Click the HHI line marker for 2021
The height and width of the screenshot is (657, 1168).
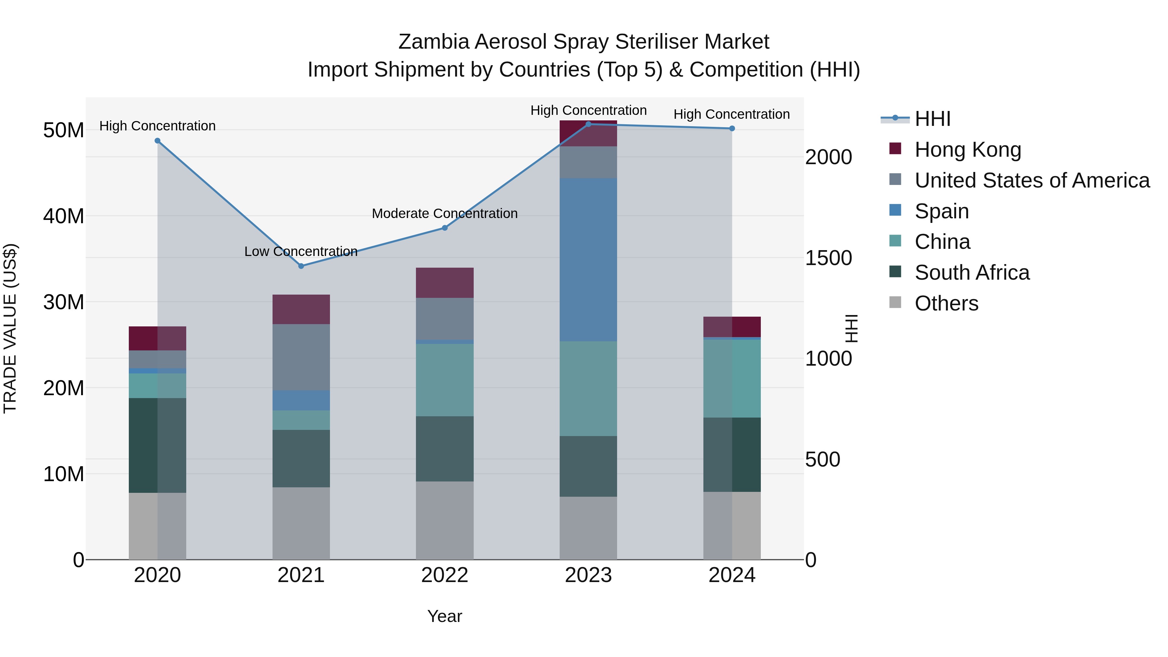(301, 266)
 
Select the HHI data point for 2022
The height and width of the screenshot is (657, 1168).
(445, 228)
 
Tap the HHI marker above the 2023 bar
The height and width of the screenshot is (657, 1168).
(589, 124)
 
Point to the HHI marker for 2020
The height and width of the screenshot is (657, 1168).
(157, 140)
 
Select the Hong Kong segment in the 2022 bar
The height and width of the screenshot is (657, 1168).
(444, 283)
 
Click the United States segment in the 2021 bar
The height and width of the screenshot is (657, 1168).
(301, 357)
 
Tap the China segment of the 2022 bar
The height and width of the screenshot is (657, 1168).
(444, 380)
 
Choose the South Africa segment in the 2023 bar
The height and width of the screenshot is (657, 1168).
(588, 466)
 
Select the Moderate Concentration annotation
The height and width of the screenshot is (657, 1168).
(444, 213)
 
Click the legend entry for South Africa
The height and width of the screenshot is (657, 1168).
(972, 273)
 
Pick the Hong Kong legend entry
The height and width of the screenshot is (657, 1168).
(967, 150)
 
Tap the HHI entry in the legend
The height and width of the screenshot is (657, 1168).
(932, 119)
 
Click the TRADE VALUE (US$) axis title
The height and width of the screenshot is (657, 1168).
(10, 328)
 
